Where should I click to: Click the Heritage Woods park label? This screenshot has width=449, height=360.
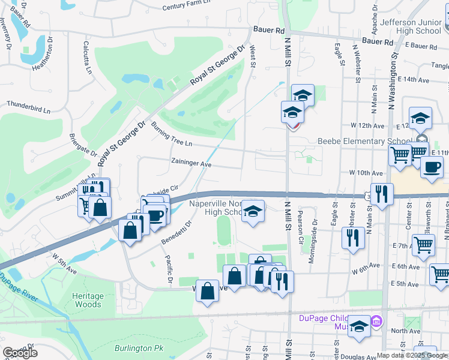click(88, 300)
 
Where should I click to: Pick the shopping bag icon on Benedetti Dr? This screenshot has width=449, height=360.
click(130, 230)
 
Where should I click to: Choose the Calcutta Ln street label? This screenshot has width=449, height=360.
click(88, 57)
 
